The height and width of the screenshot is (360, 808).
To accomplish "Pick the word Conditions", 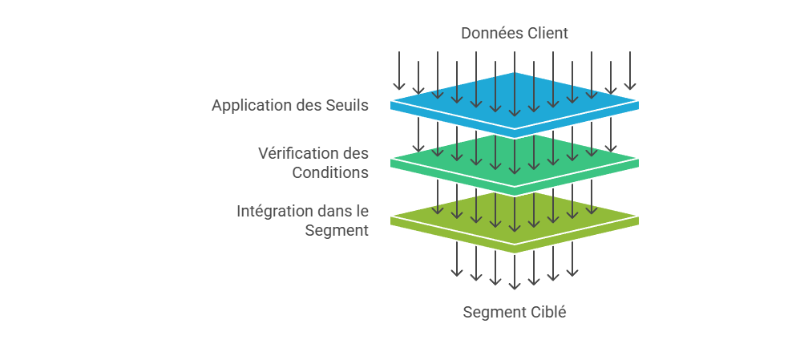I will point(330,172).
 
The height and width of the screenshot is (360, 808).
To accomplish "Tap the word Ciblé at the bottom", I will point(547,312).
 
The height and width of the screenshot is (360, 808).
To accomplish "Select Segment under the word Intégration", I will point(337,230).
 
